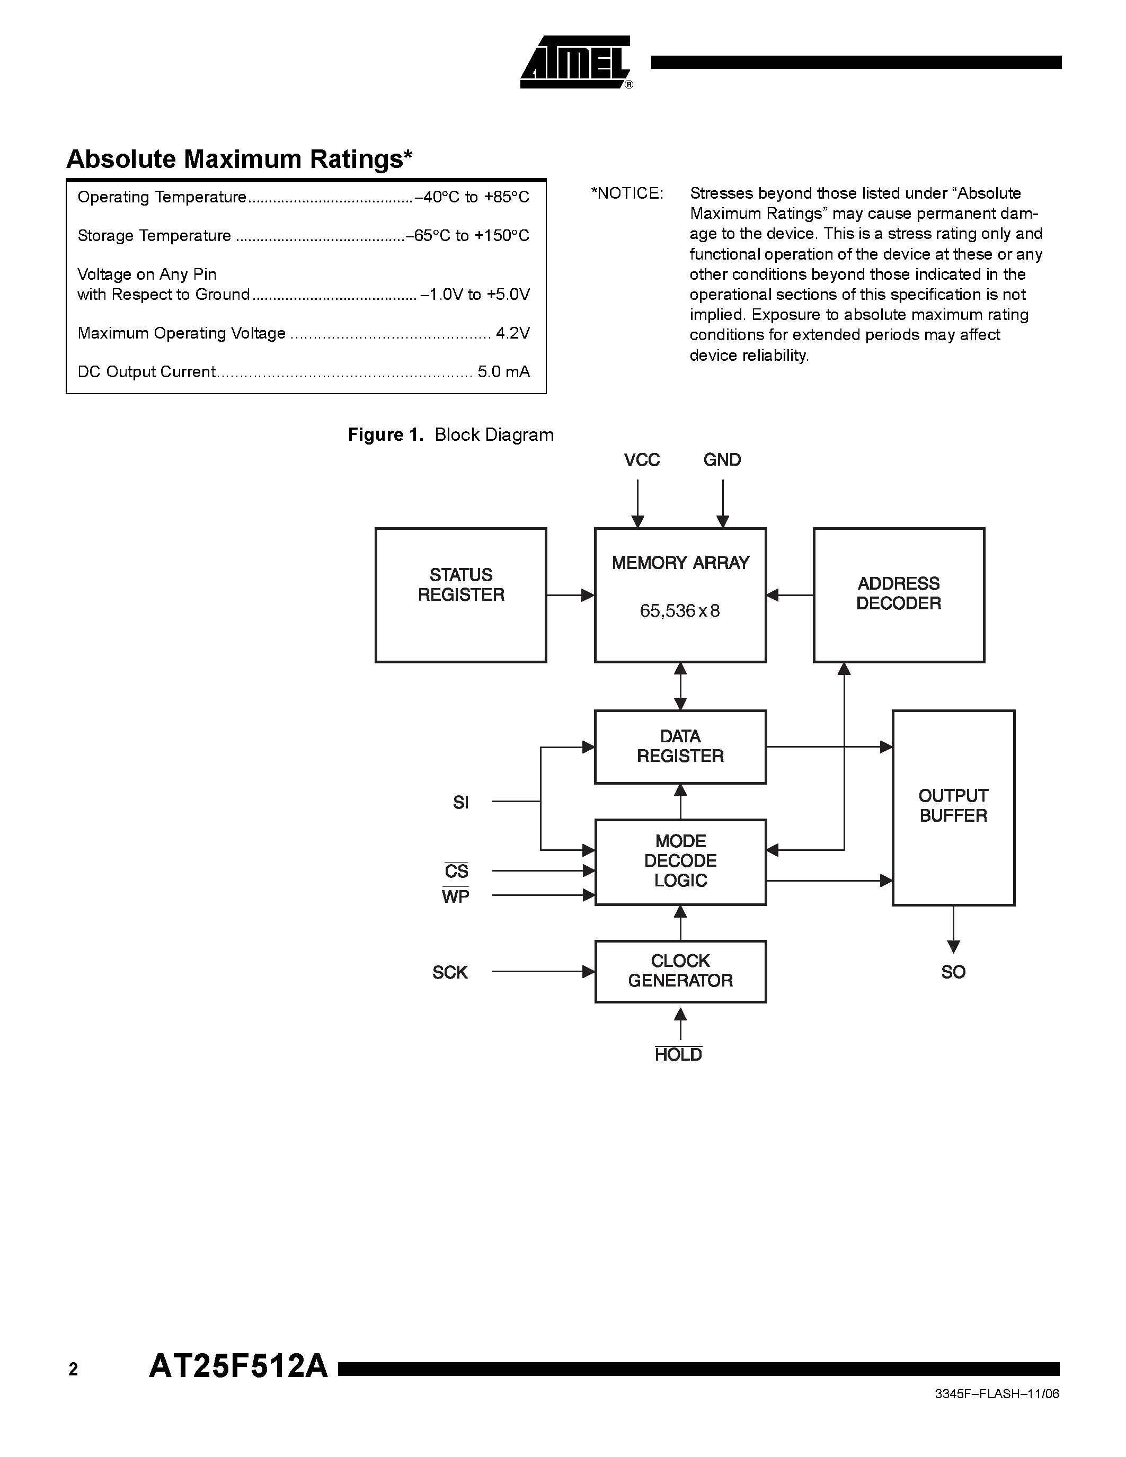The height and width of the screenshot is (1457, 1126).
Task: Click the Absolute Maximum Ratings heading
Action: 239,159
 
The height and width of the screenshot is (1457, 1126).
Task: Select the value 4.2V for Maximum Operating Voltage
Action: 512,333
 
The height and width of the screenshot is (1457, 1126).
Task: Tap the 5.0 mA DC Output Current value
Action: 503,371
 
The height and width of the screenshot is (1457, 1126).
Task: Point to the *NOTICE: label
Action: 626,193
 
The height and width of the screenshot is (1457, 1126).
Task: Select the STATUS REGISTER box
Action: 460,594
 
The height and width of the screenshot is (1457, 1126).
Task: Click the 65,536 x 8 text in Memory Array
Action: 680,611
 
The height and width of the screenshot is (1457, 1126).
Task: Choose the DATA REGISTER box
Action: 680,747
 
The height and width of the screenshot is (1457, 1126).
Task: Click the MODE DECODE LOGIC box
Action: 680,861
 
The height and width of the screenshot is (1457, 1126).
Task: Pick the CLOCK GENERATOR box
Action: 680,971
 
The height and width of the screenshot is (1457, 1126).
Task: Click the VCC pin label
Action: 641,460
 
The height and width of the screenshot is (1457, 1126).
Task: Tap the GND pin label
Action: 722,460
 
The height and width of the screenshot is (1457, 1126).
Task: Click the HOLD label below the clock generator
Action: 678,1055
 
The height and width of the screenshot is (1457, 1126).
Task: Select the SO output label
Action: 953,972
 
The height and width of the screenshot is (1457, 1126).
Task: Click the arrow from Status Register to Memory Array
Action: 570,595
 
